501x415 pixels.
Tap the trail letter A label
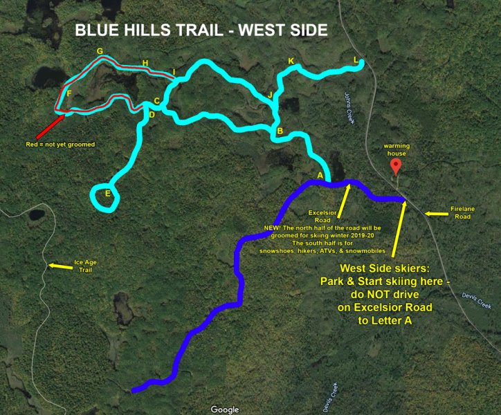click(320, 176)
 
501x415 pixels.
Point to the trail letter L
click(356, 60)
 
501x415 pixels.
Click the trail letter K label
click(291, 62)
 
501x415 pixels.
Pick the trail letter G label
click(100, 51)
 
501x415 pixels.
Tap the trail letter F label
click(69, 93)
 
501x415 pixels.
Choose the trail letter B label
click(280, 131)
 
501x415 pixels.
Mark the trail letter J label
click(270, 94)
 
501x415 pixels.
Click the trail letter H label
click(145, 64)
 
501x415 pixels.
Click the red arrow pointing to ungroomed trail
click(48, 124)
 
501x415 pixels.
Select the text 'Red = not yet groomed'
click(60, 145)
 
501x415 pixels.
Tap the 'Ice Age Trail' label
click(89, 266)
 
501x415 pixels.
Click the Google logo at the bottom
click(225, 409)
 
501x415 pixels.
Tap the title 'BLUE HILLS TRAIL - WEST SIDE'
click(201, 31)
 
